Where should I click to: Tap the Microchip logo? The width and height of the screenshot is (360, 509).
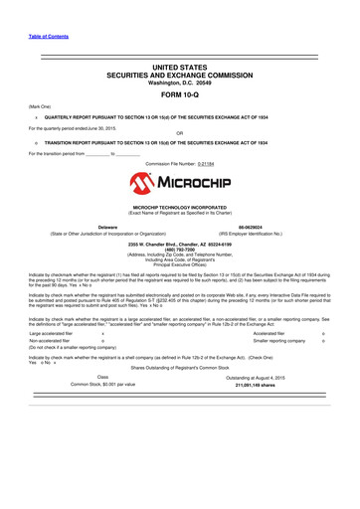[x=179, y=184]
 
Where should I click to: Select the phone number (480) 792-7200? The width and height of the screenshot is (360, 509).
[x=179, y=249]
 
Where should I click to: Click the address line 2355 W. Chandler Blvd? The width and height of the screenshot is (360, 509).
[x=179, y=244]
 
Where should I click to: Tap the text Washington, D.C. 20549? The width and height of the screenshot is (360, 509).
[x=179, y=83]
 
